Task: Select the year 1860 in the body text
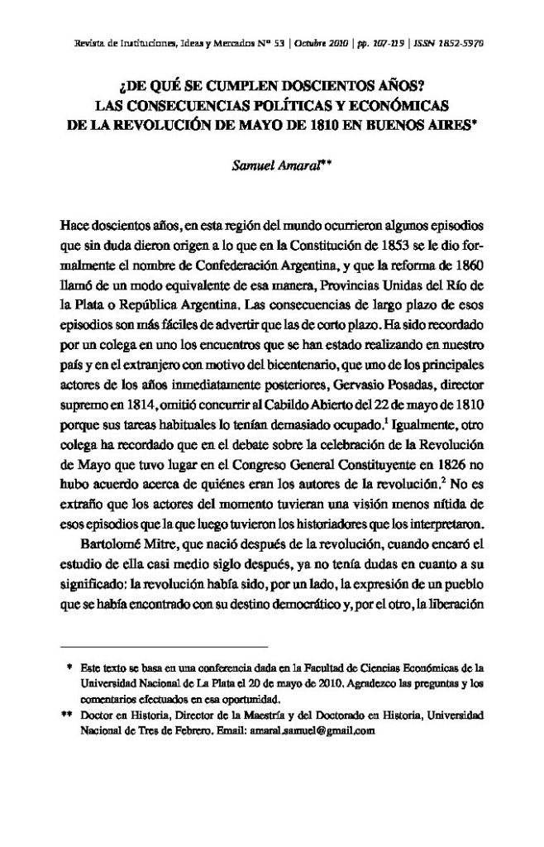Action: (465, 264)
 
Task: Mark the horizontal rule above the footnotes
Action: (165, 644)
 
